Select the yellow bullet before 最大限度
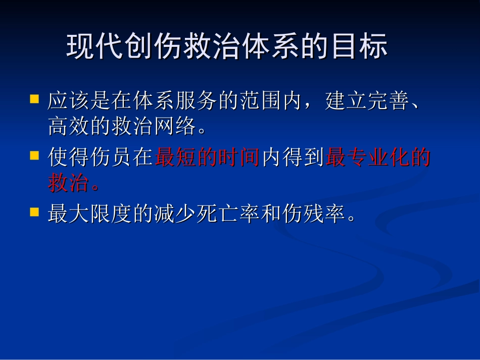pyautogui.click(x=34, y=212)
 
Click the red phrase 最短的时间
pyautogui.click(x=208, y=158)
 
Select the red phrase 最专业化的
pyautogui.click(x=378, y=158)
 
